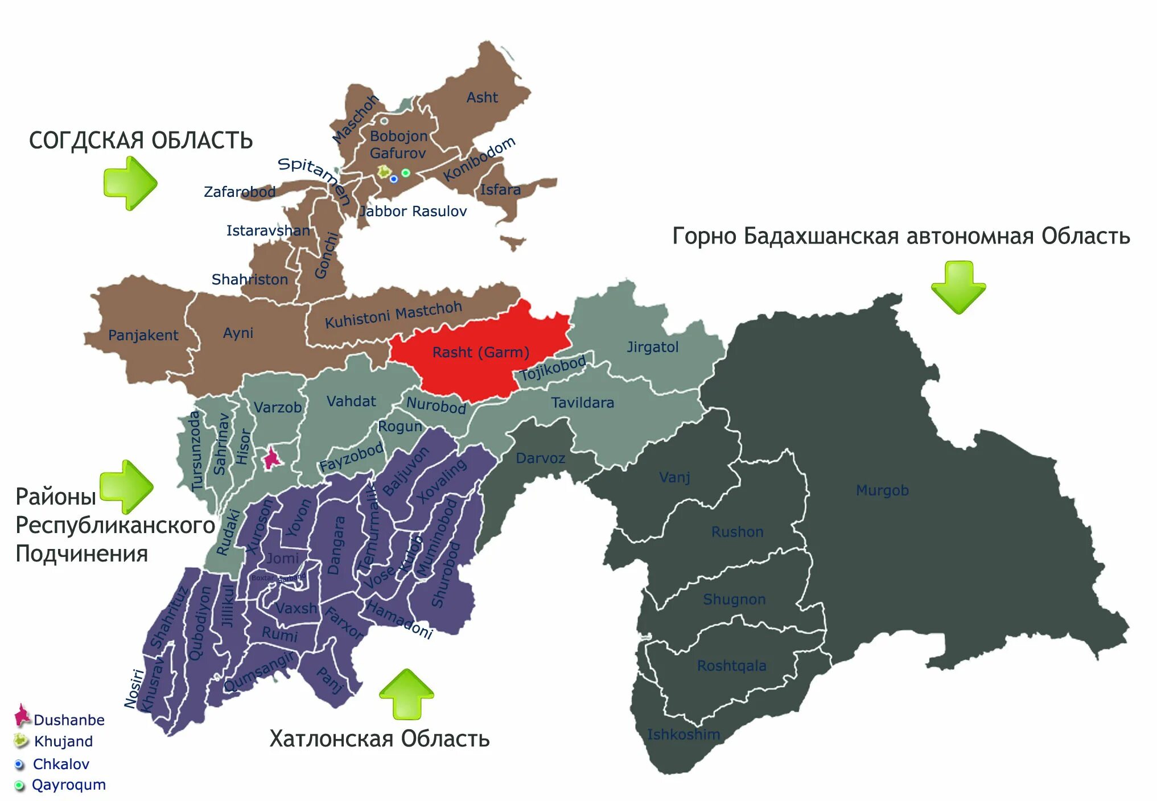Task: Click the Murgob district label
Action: point(882,490)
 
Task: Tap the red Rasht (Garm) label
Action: point(480,352)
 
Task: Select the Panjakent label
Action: point(143,335)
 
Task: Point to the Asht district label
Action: point(482,97)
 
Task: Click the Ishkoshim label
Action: point(684,734)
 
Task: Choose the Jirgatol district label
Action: point(652,346)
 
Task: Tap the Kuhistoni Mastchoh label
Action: point(393,315)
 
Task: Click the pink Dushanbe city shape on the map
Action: point(271,458)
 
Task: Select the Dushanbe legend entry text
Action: point(69,720)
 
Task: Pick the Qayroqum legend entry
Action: point(68,785)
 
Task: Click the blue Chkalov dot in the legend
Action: point(19,764)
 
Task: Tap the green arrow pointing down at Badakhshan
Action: point(958,287)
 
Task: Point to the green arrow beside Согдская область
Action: point(130,183)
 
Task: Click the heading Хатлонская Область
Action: point(379,739)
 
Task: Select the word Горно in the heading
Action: point(705,236)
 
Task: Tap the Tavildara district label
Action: point(582,403)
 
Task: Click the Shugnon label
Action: point(734,599)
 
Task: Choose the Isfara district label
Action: point(500,189)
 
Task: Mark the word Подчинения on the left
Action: point(81,554)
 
